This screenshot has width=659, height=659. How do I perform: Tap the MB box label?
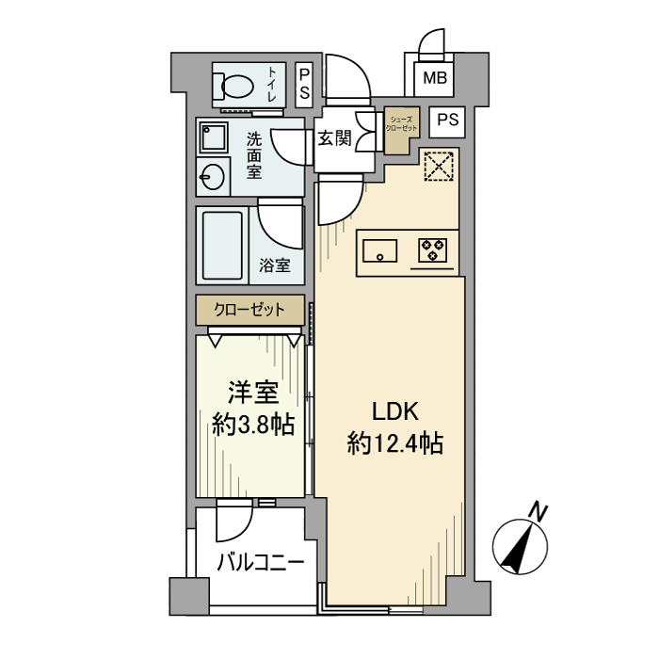(435, 79)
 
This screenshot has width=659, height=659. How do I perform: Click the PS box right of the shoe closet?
(449, 121)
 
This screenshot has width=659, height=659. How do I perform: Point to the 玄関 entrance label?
(333, 139)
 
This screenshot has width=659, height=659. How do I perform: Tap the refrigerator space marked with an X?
(437, 169)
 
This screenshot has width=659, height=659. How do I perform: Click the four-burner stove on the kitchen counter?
(433, 250)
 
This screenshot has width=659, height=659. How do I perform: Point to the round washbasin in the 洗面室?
(212, 176)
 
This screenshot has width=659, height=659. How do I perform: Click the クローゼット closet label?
(249, 309)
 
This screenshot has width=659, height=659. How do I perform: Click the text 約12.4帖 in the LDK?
(395, 442)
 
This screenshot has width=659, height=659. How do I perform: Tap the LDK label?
(395, 410)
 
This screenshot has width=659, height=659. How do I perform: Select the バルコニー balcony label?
(260, 563)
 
